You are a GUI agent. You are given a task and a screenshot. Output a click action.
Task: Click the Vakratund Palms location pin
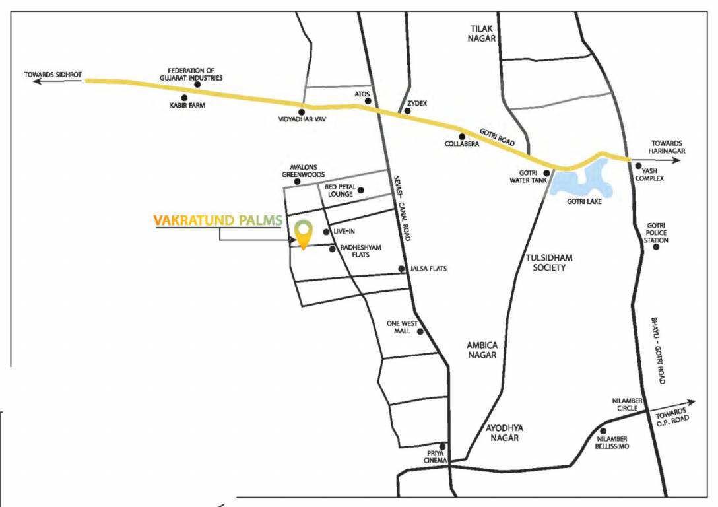pos(303,234)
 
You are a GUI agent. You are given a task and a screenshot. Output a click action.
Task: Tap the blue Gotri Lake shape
pos(581,183)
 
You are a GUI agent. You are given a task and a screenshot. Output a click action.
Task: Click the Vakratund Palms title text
pos(218,220)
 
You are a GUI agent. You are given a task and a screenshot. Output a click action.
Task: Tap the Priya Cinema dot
pos(443,446)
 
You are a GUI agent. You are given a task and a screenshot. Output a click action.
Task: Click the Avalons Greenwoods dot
pos(298,182)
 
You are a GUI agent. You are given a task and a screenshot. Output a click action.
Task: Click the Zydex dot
pos(408,111)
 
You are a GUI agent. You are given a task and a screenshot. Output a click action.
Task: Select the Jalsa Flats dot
pos(401,269)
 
